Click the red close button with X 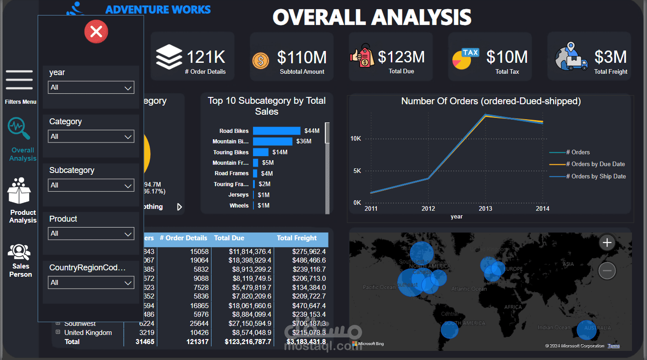click(96, 32)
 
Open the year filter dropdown click(91, 87)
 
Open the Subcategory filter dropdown click(91, 185)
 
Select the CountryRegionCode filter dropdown click(91, 283)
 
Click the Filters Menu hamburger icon click(19, 80)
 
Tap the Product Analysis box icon click(19, 191)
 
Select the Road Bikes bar click(277, 131)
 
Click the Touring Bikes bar click(261, 152)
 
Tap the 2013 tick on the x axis click(485, 208)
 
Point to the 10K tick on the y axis click(356, 138)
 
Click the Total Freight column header click(297, 238)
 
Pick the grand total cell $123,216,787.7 click(248, 342)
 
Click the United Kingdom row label click(88, 333)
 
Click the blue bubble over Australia click(586, 330)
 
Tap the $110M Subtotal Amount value click(302, 57)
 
